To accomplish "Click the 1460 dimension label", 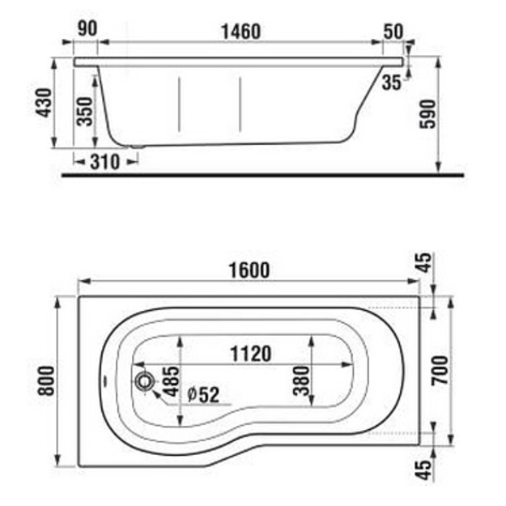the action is click(240, 32).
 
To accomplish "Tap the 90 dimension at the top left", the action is click(87, 28).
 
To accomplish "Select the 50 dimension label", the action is click(393, 32).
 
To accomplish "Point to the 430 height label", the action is click(44, 103).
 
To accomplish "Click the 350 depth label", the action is click(85, 112).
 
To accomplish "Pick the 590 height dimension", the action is click(427, 114).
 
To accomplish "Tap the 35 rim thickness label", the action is click(391, 83).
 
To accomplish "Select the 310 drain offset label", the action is click(105, 162).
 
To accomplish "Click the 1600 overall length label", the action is click(249, 270).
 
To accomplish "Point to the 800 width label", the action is click(46, 381).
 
